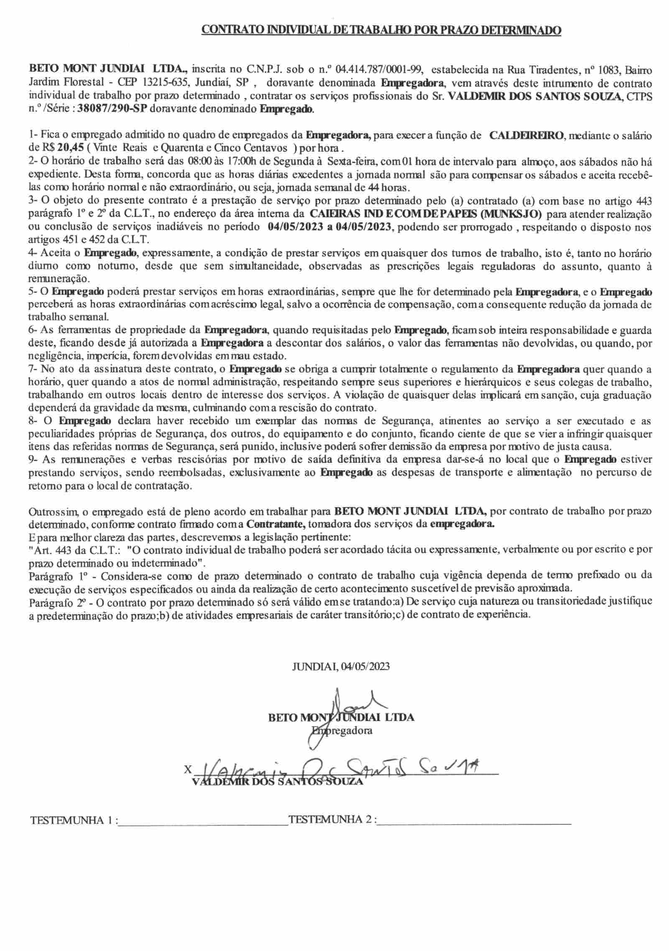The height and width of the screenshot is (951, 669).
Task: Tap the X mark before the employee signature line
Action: (188, 769)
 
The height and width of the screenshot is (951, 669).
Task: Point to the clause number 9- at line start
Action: (33, 459)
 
